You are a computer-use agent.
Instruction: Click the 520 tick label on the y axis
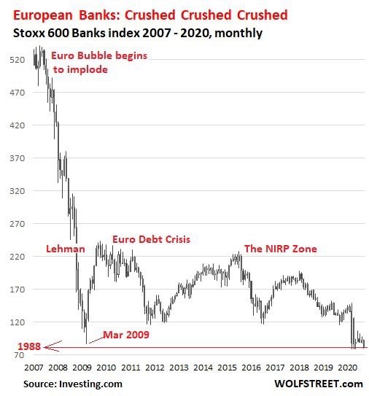point(18,60)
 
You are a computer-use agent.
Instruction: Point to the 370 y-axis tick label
point(18,158)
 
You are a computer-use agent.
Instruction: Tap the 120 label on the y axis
point(18,322)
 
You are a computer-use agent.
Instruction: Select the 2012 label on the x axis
point(155,368)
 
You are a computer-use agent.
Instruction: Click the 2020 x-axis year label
point(348,368)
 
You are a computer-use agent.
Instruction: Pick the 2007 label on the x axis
point(34,368)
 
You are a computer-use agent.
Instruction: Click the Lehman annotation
point(66,249)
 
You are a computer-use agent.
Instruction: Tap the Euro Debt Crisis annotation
point(151,239)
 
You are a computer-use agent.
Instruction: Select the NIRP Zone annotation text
point(281,249)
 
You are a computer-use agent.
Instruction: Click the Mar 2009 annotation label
point(126,335)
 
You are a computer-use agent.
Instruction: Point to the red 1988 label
point(29,346)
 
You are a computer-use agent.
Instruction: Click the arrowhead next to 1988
point(45,348)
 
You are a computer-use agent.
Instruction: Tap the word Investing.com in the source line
point(90,384)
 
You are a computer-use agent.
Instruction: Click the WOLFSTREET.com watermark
point(319,384)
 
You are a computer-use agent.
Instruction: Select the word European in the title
point(43,15)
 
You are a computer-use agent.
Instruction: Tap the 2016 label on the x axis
point(251,368)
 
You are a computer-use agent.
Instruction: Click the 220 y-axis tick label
point(18,257)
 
